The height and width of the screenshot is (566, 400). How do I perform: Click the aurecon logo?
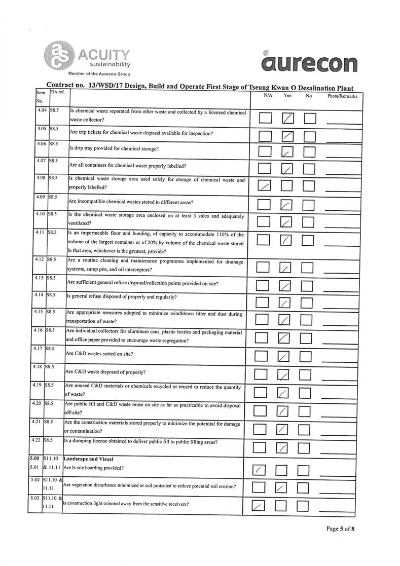(x=309, y=62)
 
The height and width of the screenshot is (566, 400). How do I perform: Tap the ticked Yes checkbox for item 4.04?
(x=288, y=119)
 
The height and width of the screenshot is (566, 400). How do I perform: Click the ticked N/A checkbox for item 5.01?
(x=259, y=472)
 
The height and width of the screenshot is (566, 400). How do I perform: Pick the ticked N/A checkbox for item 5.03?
(x=259, y=506)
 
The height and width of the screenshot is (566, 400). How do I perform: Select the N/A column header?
(x=268, y=95)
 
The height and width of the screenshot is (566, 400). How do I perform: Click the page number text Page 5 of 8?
(x=340, y=529)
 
